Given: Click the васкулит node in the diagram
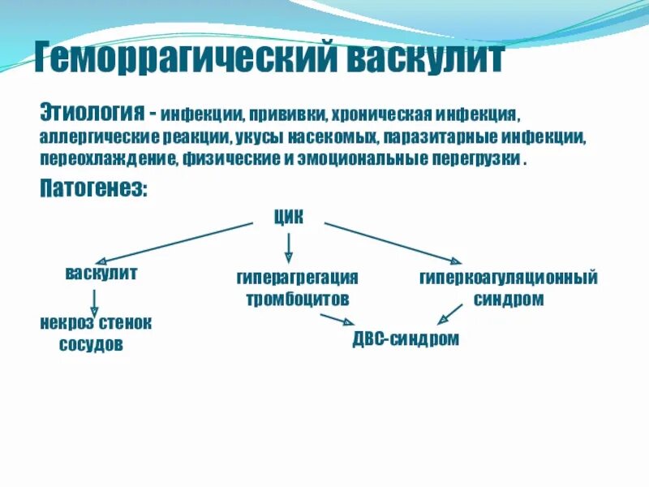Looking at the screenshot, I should click(x=101, y=274).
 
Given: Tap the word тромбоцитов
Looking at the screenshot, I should click(x=297, y=299).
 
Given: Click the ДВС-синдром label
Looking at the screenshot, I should click(x=406, y=338).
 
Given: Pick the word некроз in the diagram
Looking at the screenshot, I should click(x=65, y=323).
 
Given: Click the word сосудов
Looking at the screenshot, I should click(x=91, y=344).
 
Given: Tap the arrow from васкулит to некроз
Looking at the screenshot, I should click(x=95, y=302).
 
